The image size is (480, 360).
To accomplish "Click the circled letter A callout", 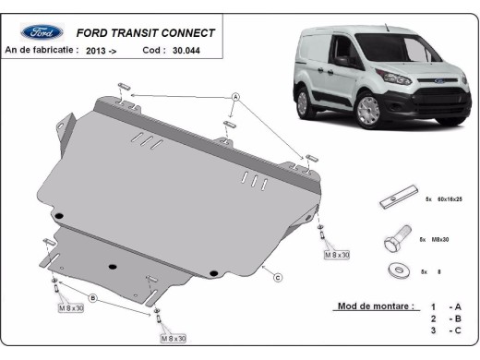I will click(236, 96).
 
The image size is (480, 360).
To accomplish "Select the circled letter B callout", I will click(92, 297).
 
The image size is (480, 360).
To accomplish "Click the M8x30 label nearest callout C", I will click(337, 253).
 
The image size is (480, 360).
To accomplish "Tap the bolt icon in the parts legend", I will click(394, 241).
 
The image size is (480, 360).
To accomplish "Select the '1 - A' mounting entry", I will click(444, 306).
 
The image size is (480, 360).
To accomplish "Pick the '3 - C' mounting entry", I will click(444, 330).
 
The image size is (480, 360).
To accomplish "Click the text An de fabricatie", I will click(42, 53).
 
